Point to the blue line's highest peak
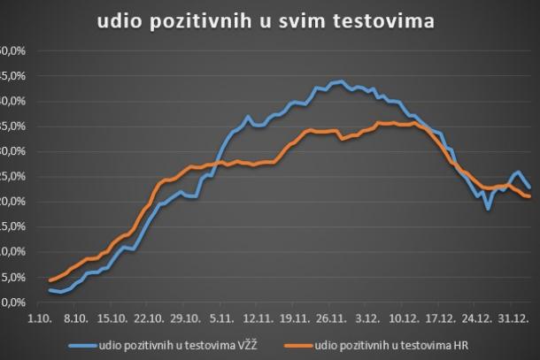point(340,81)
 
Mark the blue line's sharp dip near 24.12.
point(488,209)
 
